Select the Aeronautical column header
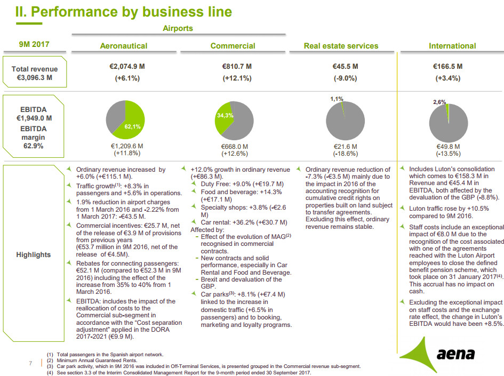click(124, 46)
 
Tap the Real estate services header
click(341, 46)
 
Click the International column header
click(452, 46)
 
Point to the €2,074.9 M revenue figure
click(124, 67)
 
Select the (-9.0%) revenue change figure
click(341, 78)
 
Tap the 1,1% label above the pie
click(337, 99)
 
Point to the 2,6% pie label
click(439, 101)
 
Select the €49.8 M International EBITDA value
click(448, 146)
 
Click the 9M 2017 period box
click(34, 44)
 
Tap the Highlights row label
click(33, 254)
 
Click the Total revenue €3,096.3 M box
click(35, 73)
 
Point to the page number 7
click(30, 364)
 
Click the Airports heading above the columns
click(178, 28)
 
